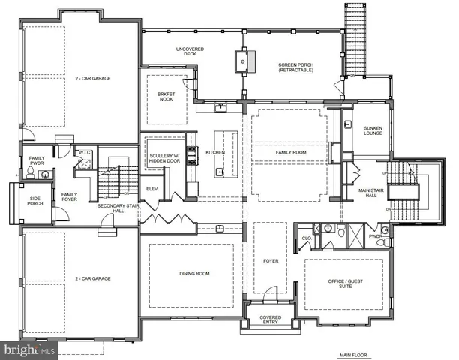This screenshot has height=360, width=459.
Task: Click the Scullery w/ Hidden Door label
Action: click(x=163, y=160)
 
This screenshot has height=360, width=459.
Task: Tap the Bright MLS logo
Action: click(x=30, y=349)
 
